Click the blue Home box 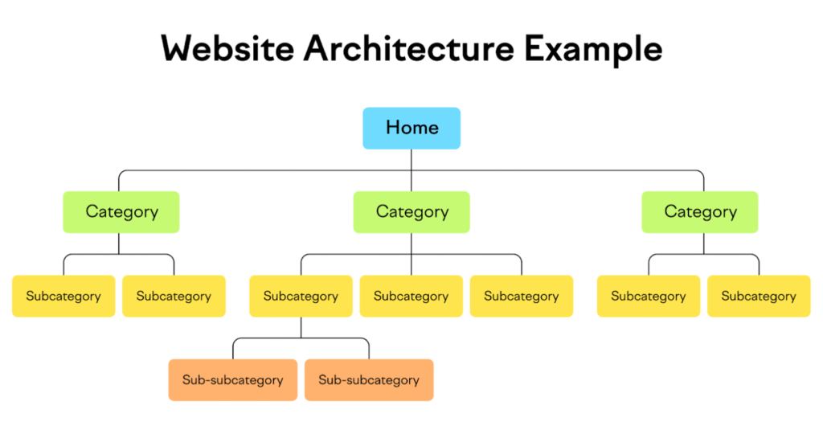click(411, 128)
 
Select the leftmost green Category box click(121, 212)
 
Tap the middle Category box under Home click(411, 212)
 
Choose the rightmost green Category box click(700, 212)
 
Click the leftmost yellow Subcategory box click(63, 296)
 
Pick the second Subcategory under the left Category click(174, 296)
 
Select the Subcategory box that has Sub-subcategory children click(301, 296)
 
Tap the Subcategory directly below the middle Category click(411, 296)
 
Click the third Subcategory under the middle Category click(522, 296)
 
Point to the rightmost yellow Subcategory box click(759, 296)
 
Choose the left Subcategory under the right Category click(649, 296)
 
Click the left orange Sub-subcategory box click(233, 380)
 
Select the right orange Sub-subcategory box click(369, 380)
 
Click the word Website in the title click(227, 49)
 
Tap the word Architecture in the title click(409, 49)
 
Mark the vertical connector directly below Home click(411, 170)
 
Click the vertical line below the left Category click(119, 244)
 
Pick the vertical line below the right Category click(704, 244)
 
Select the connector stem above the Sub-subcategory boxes click(301, 327)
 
